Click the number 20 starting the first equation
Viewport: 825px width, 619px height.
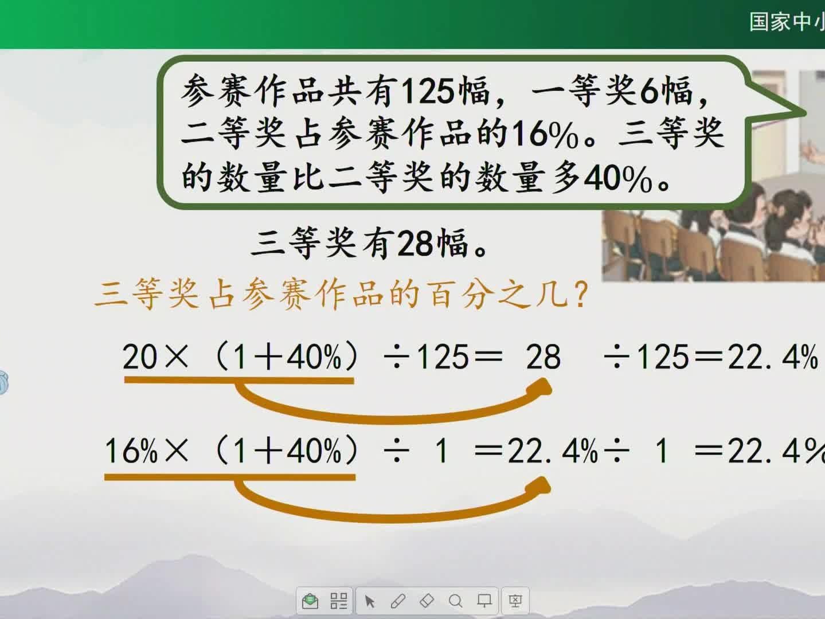(139, 356)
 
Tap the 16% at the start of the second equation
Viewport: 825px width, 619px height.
(131, 450)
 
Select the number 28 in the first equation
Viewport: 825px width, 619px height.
(544, 356)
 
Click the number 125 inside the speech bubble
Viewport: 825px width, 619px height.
(427, 92)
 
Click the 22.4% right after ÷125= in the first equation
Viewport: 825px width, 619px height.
(773, 356)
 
